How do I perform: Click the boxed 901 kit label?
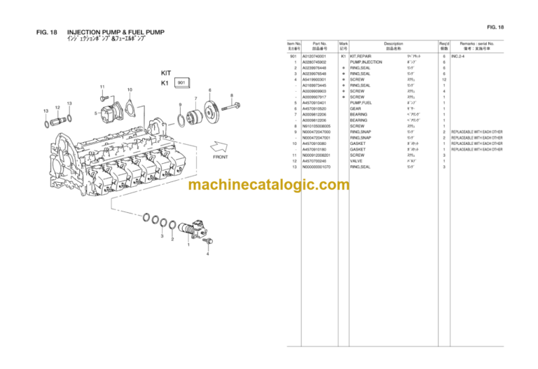tap(181, 83)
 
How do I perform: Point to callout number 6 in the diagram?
tap(209, 90)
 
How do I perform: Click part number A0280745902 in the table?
tap(315, 62)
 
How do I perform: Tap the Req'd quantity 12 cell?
tap(444, 79)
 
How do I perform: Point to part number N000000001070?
tap(316, 167)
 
